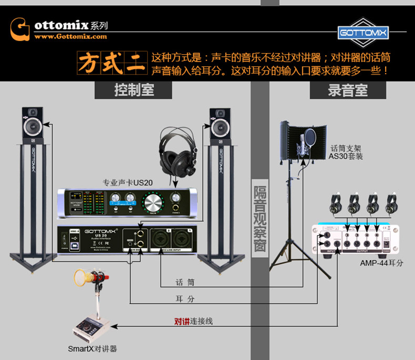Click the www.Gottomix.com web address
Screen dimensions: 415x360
71,36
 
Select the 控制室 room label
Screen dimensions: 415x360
134,90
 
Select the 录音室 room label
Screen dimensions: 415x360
348,90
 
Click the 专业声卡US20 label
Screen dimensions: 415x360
128,183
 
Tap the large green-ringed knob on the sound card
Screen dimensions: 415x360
153,202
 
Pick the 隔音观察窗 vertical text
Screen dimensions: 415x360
260,218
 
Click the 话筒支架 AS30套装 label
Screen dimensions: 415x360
346,152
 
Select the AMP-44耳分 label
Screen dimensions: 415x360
382,263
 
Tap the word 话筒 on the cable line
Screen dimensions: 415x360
184,282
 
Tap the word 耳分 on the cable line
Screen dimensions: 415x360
184,299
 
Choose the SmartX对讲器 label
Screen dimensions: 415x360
92,348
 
